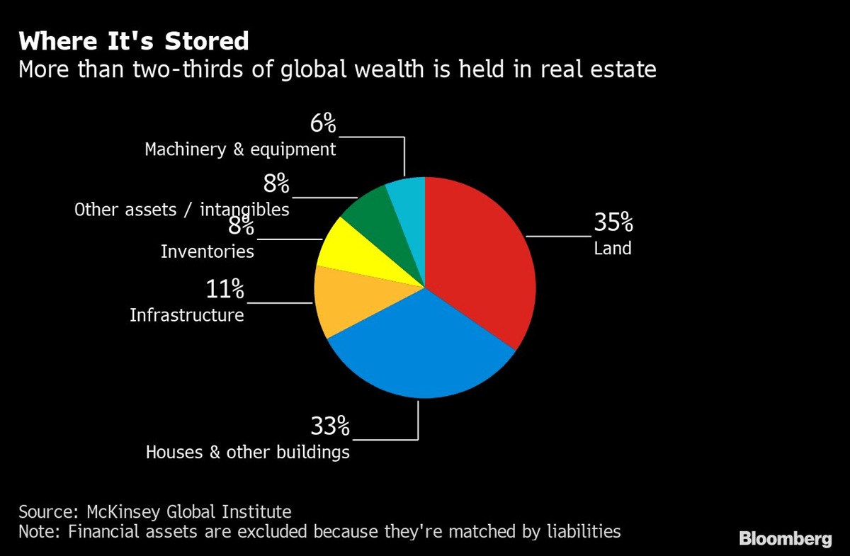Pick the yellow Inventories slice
point(354,251)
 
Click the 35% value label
point(613,223)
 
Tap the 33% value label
point(330,426)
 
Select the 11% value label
point(225,289)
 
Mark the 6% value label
point(323,124)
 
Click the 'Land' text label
point(612,249)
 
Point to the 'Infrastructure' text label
point(187,314)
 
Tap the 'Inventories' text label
point(207,251)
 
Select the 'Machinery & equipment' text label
point(240,149)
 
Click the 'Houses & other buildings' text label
point(247,452)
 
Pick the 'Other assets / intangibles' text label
point(181,210)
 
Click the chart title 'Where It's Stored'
point(134,41)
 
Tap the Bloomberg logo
point(786,539)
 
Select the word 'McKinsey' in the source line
point(120,511)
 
